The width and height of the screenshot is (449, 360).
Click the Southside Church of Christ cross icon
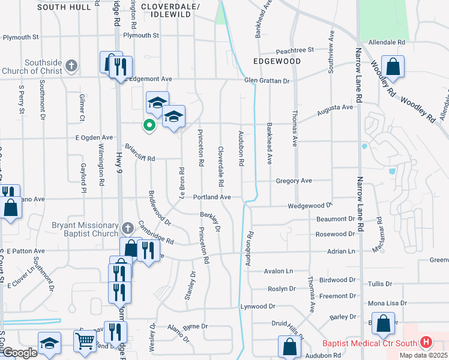[71, 65]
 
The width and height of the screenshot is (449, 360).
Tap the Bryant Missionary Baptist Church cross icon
[127, 228]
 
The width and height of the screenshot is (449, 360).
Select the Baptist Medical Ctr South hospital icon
[426, 343]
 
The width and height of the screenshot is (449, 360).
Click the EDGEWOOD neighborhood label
[277, 61]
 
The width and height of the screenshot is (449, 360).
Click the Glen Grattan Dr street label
[267, 80]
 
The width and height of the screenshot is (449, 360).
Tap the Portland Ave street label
[212, 197]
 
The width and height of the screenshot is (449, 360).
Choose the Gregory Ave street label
[294, 181]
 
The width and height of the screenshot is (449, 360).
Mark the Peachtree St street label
[295, 50]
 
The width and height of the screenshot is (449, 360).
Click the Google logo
[20, 353]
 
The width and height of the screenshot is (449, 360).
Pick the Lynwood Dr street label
[258, 306]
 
